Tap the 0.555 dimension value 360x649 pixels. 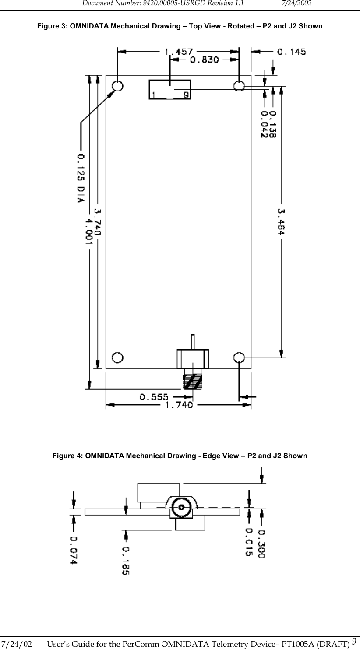pyautogui.click(x=154, y=397)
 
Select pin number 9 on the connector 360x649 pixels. pyautogui.click(x=186, y=95)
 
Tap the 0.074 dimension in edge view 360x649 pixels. pyautogui.click(x=73, y=550)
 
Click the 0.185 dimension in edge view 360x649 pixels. pyautogui.click(x=126, y=560)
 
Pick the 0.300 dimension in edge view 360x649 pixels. pyautogui.click(x=261, y=544)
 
